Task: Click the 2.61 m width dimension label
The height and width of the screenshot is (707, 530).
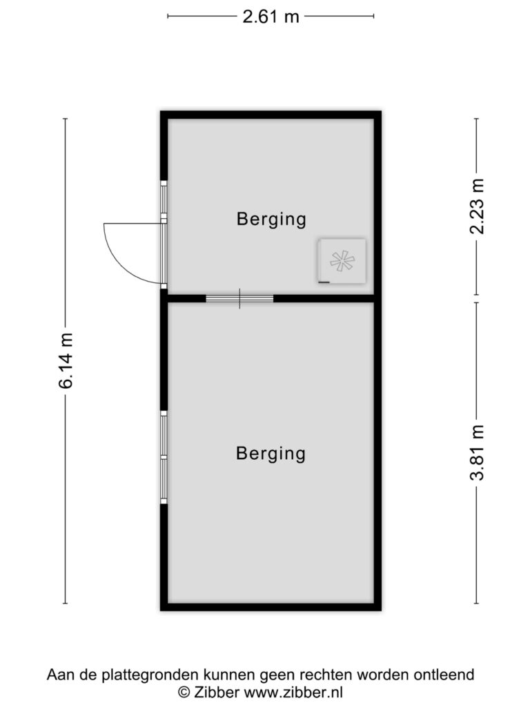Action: point(271,17)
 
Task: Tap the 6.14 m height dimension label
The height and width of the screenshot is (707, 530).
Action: point(66,360)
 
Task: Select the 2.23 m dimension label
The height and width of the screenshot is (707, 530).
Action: point(476,206)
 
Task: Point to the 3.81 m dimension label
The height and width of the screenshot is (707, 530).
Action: point(476,452)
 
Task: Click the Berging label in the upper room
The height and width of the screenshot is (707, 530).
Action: point(271,219)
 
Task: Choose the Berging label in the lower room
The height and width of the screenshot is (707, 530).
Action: point(271,454)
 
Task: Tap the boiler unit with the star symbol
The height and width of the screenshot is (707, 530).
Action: point(342,261)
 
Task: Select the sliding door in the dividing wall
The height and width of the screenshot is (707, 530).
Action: point(239,298)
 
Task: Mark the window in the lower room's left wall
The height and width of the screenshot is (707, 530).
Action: point(164,457)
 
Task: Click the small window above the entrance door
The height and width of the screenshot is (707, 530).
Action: point(164,199)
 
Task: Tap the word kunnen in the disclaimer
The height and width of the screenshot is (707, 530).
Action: point(230,675)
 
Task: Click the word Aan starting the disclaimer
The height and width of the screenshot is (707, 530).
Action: point(61,675)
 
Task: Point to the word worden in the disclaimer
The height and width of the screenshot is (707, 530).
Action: point(382,675)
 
